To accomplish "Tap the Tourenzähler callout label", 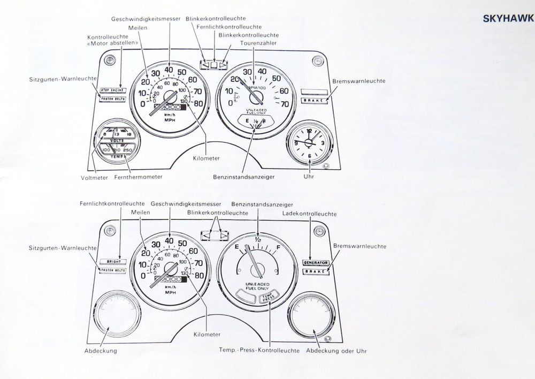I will click(257, 43).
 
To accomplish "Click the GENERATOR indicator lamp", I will click(315, 263).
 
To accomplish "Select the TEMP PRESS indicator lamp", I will click(266, 298).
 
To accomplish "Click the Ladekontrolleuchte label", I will click(309, 214).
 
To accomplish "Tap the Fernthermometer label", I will click(138, 176).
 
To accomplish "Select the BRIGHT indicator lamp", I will click(113, 262).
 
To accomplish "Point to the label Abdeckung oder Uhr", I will click(337, 351).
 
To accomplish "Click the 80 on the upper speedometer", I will click(198, 104).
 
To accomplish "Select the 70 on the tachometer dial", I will click(285, 104).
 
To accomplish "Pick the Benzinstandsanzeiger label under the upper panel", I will click(244, 176).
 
